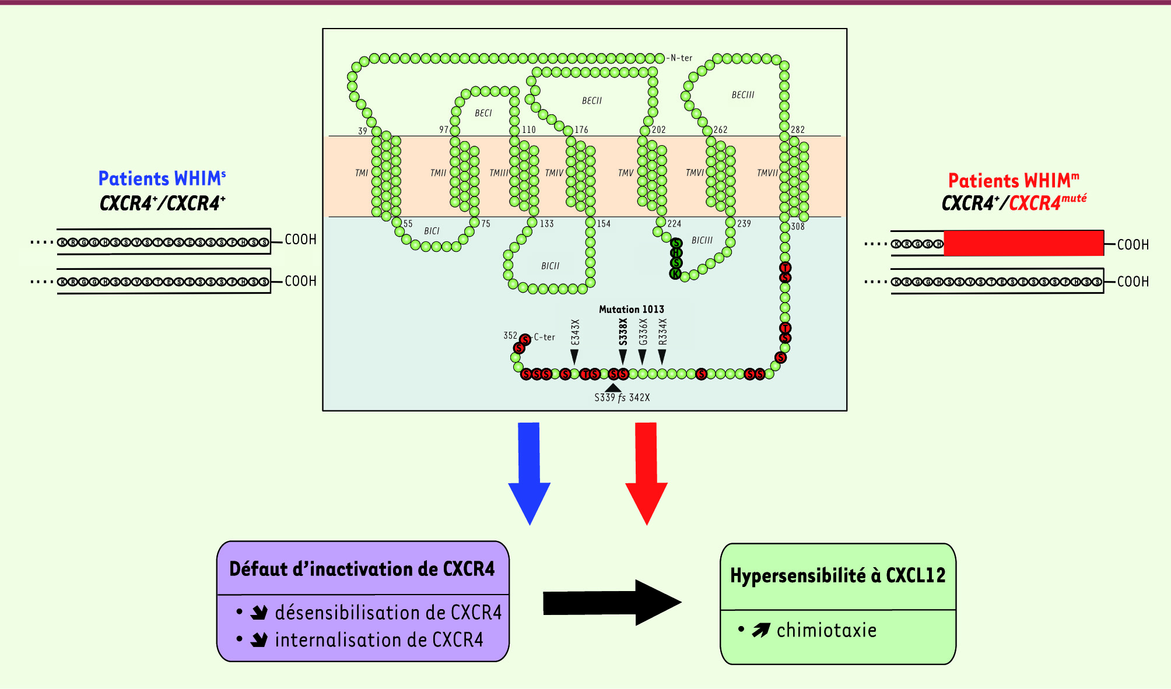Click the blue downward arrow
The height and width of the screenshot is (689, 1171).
(529, 472)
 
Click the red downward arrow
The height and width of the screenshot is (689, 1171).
(646, 472)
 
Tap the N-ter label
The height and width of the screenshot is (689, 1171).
(681, 58)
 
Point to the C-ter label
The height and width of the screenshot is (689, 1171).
(545, 337)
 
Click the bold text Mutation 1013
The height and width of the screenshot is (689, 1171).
(631, 310)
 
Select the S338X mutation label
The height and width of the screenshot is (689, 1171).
(623, 332)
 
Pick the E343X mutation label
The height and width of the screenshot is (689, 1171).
(575, 332)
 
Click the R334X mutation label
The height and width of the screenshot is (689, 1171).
(662, 332)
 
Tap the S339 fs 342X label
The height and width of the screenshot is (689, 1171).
(622, 398)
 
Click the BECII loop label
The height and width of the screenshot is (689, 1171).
(591, 101)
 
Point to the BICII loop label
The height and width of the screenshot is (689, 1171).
(550, 266)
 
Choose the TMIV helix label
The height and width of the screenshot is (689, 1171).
(554, 173)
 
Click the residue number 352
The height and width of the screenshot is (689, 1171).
(510, 335)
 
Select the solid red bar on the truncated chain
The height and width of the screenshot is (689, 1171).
(1023, 243)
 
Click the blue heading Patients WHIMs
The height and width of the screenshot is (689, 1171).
(162, 178)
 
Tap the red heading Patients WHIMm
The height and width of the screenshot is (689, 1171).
(1013, 180)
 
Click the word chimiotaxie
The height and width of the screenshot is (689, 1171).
(826, 630)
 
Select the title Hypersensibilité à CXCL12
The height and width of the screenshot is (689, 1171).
(837, 575)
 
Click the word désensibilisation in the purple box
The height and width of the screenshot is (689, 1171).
(349, 613)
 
